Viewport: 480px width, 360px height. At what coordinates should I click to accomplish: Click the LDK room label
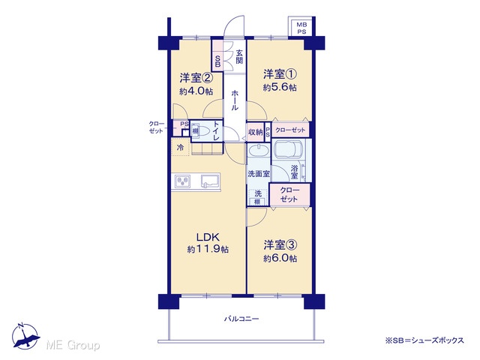click(x=208, y=237)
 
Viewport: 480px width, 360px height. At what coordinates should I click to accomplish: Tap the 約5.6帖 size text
click(x=280, y=88)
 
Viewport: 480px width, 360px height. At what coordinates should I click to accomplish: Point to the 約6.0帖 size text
click(x=280, y=258)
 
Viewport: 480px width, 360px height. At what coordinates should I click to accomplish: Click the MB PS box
click(x=301, y=27)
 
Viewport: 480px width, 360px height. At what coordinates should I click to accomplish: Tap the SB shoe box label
click(x=217, y=61)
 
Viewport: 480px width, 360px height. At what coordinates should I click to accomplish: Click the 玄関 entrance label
click(x=239, y=57)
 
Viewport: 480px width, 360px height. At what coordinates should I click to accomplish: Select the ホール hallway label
click(x=235, y=100)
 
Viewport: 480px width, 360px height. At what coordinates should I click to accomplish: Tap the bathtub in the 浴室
click(x=289, y=149)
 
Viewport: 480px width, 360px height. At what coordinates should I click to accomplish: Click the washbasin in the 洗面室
click(x=259, y=151)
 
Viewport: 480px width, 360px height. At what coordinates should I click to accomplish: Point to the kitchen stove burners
click(x=182, y=181)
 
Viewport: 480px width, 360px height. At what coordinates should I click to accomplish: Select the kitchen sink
click(x=210, y=181)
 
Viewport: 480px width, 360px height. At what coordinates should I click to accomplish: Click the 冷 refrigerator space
click(x=181, y=147)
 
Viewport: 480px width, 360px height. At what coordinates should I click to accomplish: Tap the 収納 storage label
click(x=255, y=132)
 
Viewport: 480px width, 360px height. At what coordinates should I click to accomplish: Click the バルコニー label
click(x=241, y=319)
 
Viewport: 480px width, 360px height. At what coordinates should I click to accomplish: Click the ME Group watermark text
click(x=73, y=345)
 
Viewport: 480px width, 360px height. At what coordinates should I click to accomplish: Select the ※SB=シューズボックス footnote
click(x=424, y=340)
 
